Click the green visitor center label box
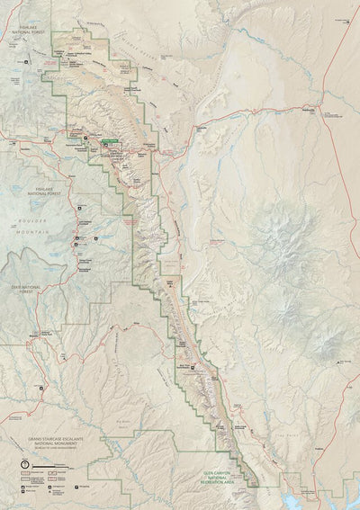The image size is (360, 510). [x=111, y=140]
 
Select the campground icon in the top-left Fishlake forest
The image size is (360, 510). [x=26, y=62]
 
